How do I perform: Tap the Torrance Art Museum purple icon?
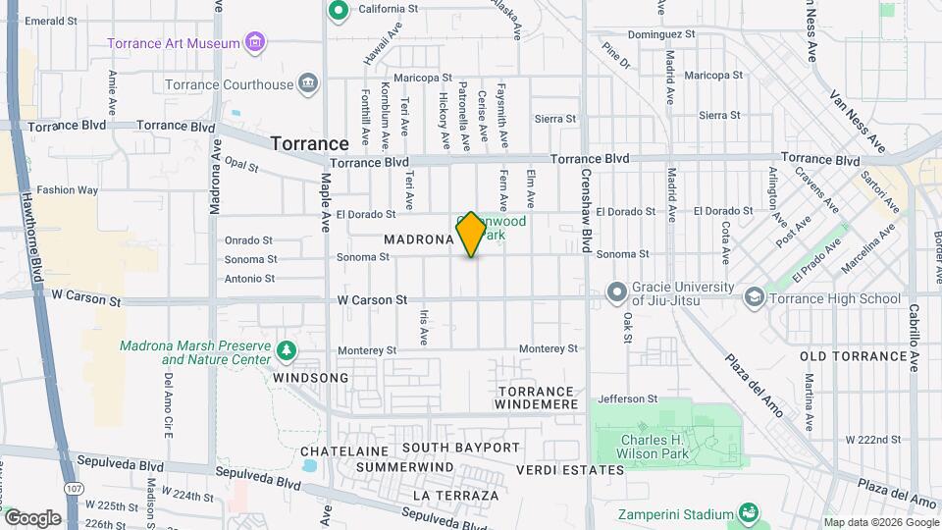(255, 42)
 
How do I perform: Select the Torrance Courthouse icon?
(308, 82)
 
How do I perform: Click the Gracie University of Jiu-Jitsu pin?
(616, 292)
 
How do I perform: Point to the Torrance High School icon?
(755, 296)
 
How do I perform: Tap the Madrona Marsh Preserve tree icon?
(286, 350)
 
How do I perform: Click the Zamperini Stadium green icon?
(748, 512)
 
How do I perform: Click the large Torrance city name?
(309, 143)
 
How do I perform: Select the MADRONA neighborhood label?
(418, 238)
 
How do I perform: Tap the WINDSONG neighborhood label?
(310, 378)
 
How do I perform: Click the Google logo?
(31, 517)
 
